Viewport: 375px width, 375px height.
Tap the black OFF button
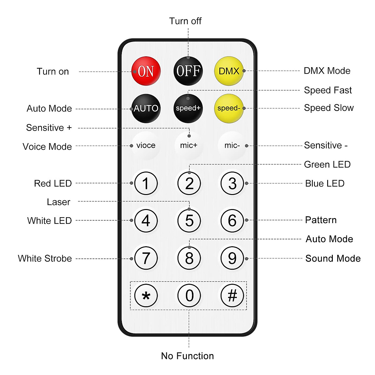(188, 71)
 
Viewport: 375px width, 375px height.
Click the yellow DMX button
(229, 71)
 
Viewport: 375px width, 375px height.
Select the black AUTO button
(146, 108)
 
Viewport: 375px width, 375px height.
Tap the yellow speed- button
(229, 108)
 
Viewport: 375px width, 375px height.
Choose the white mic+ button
(189, 145)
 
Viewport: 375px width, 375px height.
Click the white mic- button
(232, 145)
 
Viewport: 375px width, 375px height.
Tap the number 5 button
(189, 221)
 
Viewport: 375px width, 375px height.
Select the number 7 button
(146, 258)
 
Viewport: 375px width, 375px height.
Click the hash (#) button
(232, 295)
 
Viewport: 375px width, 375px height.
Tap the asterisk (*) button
(146, 295)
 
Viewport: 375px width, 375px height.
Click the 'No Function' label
(187, 356)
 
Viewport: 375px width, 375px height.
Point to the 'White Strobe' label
(45, 258)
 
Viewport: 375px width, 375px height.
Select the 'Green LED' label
(327, 164)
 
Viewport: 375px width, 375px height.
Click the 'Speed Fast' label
(328, 90)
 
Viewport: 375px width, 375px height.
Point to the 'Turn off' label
(185, 21)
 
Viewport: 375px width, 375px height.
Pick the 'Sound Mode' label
(333, 258)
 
